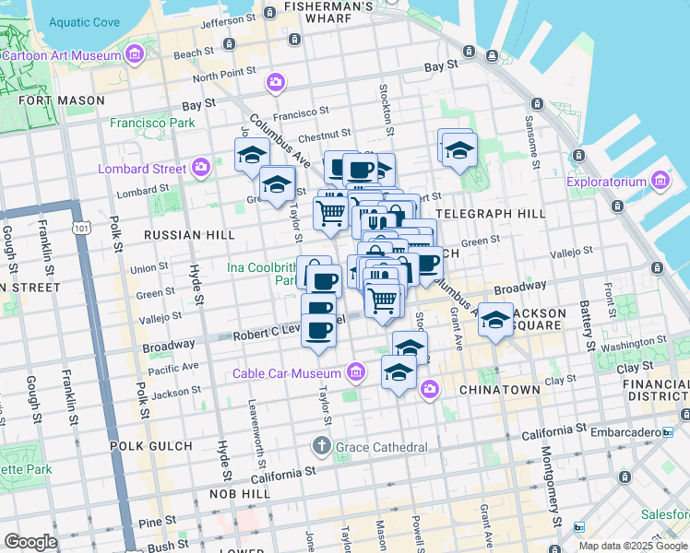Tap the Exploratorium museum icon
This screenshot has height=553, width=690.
click(x=660, y=181)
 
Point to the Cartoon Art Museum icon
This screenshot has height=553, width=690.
click(x=136, y=55)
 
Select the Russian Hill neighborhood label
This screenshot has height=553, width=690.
click(x=189, y=235)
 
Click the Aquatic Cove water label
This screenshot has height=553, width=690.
click(x=84, y=22)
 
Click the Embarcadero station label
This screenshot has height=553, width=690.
click(x=630, y=431)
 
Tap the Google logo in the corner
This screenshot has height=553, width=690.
click(x=30, y=542)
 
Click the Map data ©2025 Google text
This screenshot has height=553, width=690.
click(x=633, y=546)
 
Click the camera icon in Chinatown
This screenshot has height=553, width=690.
click(x=429, y=390)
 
